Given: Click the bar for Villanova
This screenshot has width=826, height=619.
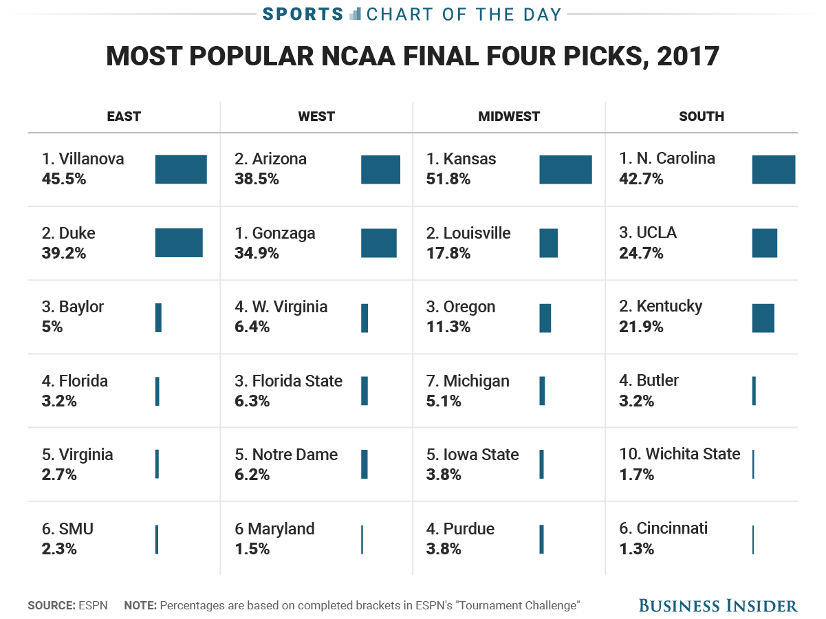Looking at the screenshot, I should coord(181,169).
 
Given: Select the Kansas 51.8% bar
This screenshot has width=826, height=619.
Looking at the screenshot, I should coord(565,169).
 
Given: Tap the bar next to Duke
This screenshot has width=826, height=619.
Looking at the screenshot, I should coord(179,243).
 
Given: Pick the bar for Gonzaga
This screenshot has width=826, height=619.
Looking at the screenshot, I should coord(379,243).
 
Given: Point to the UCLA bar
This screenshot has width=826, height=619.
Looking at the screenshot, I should coord(764,243).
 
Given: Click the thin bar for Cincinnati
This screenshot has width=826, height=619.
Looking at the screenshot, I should coord(753,539).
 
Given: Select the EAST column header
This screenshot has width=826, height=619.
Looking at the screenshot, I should coord(124,116).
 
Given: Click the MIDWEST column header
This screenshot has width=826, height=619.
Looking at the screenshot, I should coord(509,116).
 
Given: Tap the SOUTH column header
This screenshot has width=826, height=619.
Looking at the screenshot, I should coord(702,116).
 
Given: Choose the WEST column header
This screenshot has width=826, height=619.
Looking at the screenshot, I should coord(316,116).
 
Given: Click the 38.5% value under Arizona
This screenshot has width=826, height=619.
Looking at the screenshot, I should coord(257,179).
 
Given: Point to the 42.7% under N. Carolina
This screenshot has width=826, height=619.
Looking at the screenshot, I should coord(641,179).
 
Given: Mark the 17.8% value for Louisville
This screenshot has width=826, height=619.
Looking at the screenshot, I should coord(448,253).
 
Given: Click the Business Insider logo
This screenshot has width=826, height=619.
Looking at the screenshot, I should coord(718,605).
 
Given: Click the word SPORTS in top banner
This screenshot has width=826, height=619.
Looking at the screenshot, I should coord(303,14).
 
